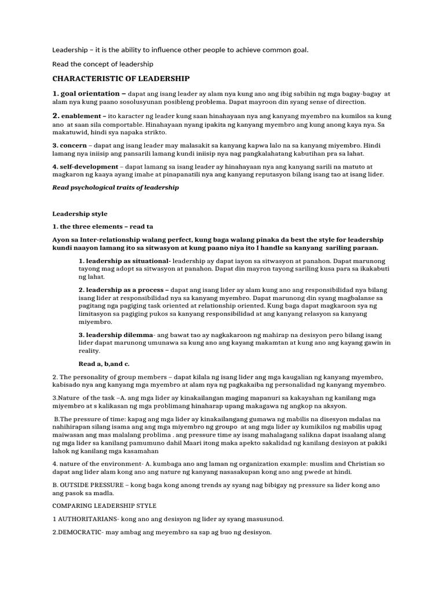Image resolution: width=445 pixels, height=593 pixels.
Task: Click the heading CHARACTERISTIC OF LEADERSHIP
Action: [121, 78]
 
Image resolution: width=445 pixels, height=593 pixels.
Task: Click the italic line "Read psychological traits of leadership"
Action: [115, 188]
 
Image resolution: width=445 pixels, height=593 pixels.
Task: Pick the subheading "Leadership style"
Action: [79, 214]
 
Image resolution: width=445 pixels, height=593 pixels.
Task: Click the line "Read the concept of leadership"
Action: [103, 64]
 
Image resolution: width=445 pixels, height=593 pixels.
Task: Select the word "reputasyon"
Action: [261, 174]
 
